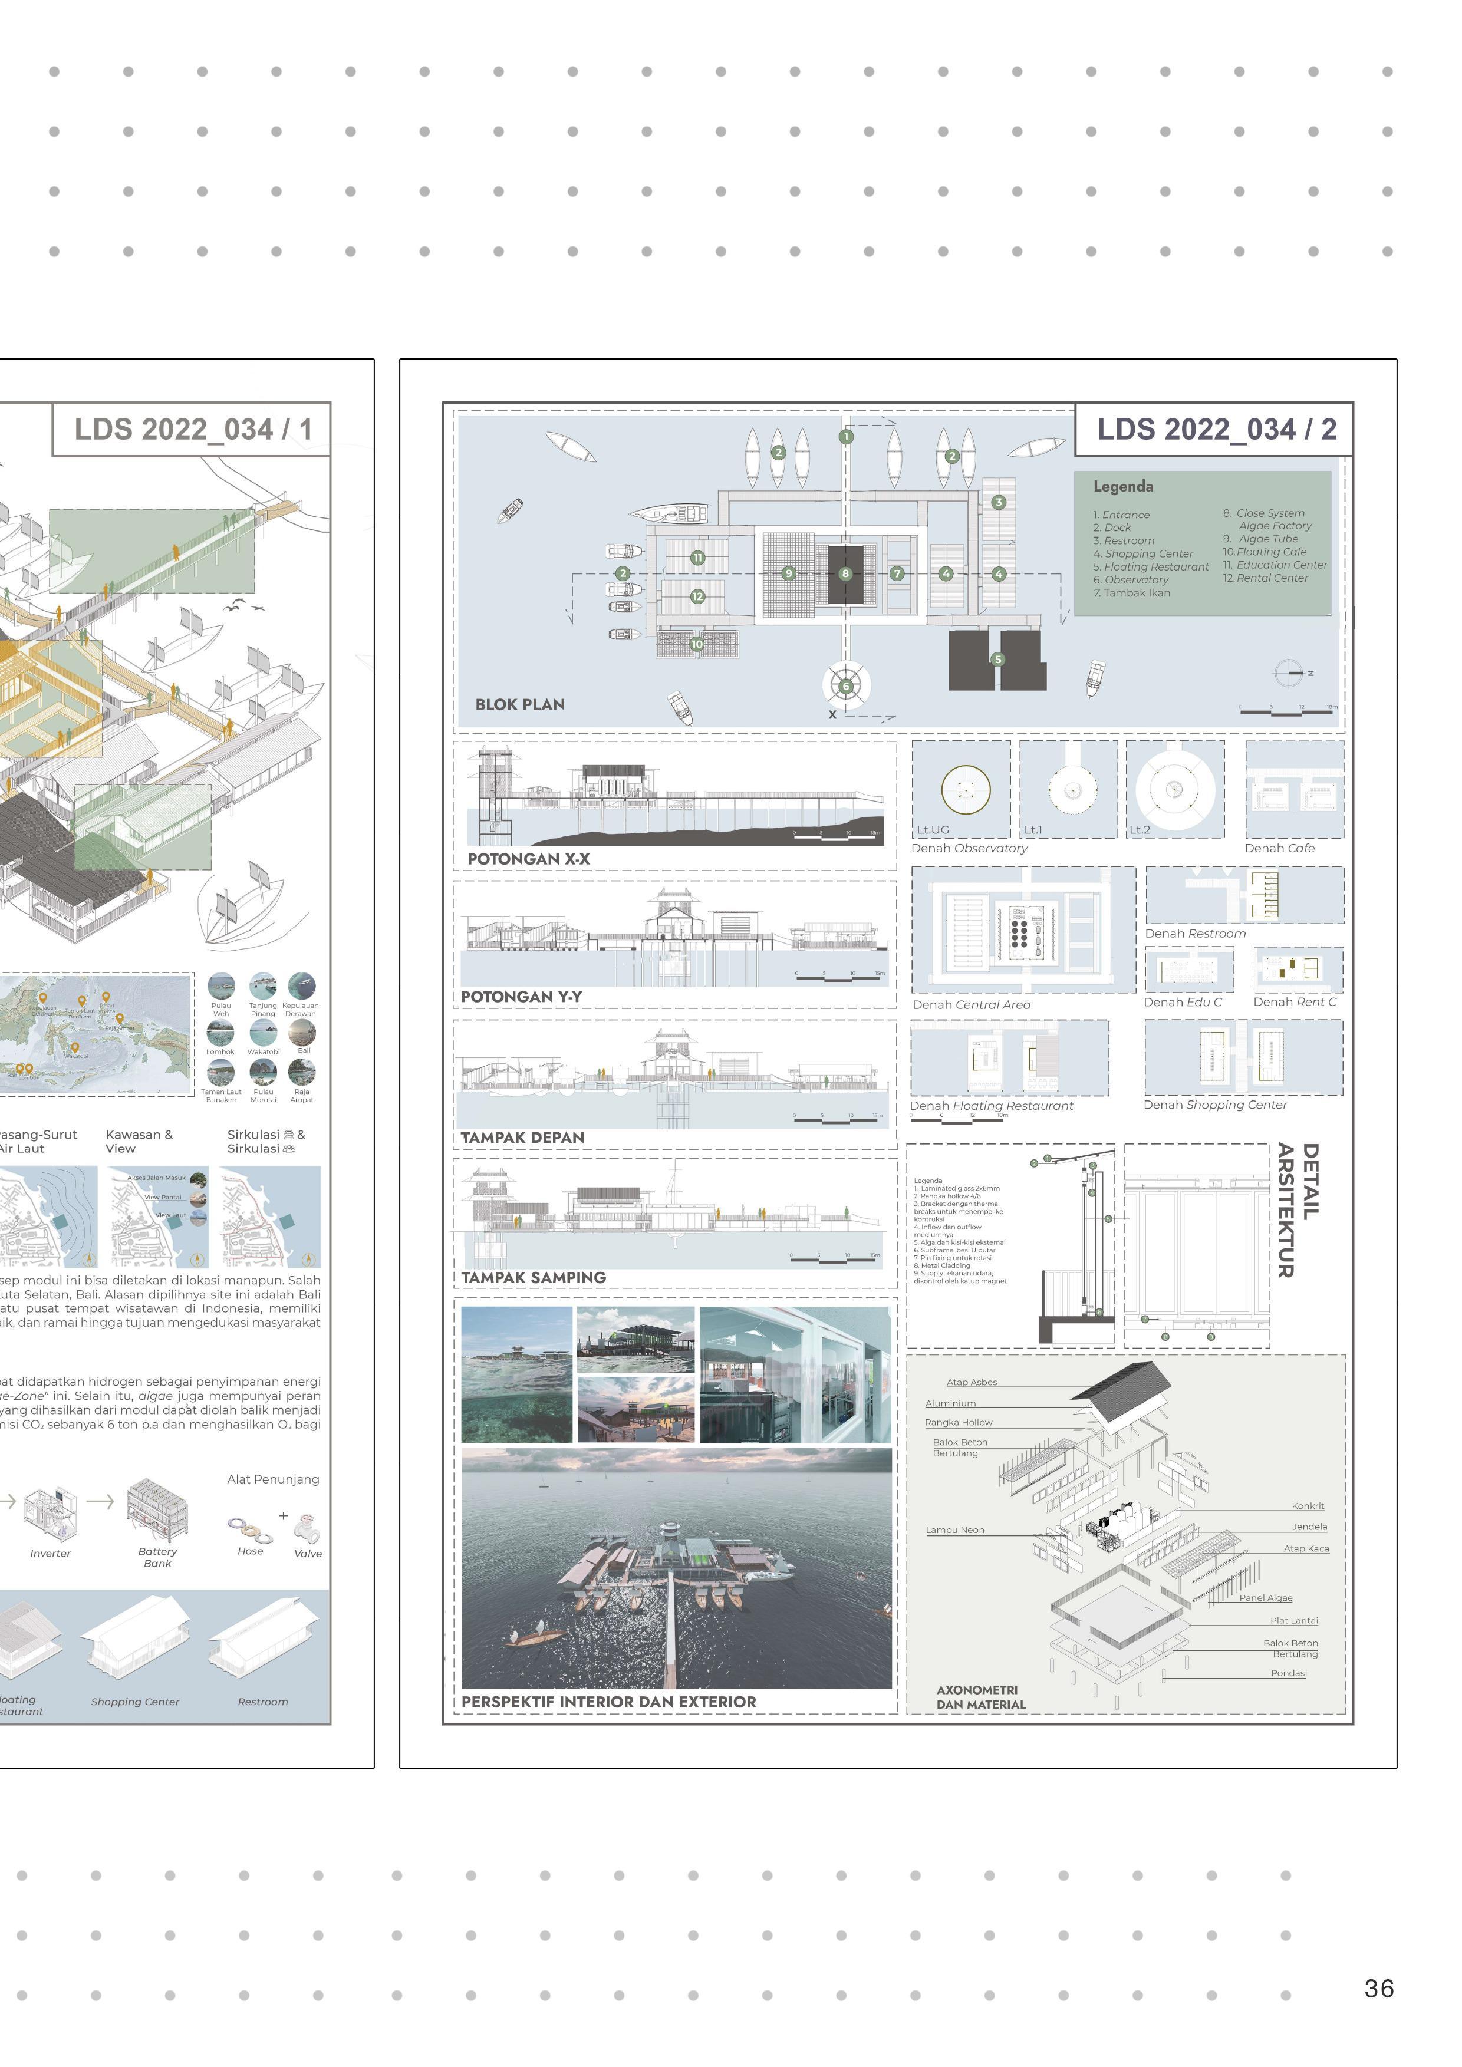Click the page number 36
coord(1378,1988)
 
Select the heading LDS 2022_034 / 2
coord(1216,430)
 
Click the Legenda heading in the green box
coord(1122,486)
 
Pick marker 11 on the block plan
coord(697,558)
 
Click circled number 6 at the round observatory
coord(845,686)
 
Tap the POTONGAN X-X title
coord(528,859)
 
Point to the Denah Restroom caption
coord(1194,934)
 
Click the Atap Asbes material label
coord(972,1382)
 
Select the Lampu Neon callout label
coord(954,1529)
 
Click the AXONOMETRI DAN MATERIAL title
coord(980,1697)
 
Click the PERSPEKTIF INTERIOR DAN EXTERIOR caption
coord(608,1702)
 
